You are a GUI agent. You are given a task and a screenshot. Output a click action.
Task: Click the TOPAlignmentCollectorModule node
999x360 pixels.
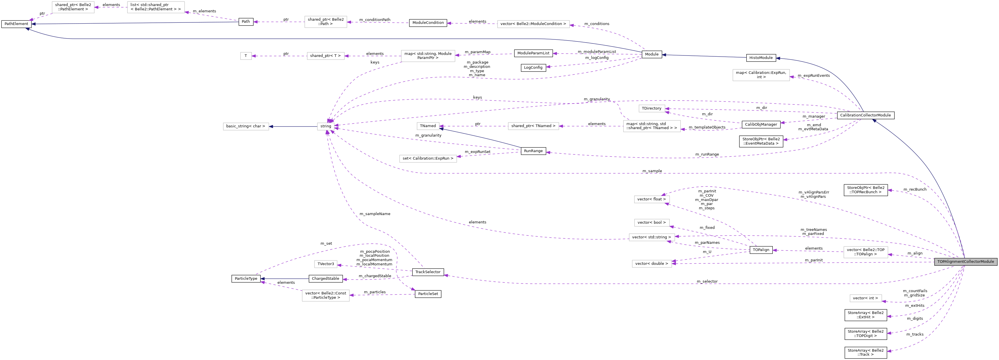click(x=965, y=261)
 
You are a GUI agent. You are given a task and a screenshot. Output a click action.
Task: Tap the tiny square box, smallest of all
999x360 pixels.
click(x=246, y=56)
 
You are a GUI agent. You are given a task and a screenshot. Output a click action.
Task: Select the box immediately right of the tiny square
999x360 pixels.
click(x=325, y=56)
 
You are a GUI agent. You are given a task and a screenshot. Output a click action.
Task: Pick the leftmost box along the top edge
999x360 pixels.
click(x=73, y=7)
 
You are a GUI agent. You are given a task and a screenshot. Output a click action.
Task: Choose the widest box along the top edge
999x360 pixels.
click(x=533, y=24)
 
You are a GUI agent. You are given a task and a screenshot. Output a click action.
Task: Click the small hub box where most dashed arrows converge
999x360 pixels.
click(x=326, y=127)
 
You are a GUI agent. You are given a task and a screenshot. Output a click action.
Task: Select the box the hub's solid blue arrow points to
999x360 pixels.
click(x=246, y=127)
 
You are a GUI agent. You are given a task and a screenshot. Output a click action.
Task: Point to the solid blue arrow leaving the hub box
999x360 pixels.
click(x=293, y=127)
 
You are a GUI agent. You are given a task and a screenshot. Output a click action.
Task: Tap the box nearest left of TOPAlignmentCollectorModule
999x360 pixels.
click(x=866, y=252)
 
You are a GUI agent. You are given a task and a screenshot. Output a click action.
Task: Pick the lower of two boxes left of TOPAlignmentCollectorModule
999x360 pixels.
click(x=866, y=298)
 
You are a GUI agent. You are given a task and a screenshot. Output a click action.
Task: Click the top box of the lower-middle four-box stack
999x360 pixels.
click(x=651, y=199)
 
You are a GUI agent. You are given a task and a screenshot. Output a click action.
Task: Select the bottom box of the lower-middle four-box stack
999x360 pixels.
click(x=651, y=264)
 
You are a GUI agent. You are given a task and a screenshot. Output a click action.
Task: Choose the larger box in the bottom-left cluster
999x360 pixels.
click(x=325, y=295)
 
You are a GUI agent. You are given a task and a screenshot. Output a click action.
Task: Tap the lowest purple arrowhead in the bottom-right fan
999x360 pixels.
click(x=889, y=351)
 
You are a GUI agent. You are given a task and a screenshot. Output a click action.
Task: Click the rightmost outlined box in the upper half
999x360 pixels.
click(x=761, y=75)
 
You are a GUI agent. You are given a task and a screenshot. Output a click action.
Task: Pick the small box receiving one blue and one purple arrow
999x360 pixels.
click(x=428, y=126)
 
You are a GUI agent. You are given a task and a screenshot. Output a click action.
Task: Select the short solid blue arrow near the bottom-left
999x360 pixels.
click(x=285, y=279)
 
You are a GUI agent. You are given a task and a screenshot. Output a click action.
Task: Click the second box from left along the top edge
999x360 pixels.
click(x=156, y=7)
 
